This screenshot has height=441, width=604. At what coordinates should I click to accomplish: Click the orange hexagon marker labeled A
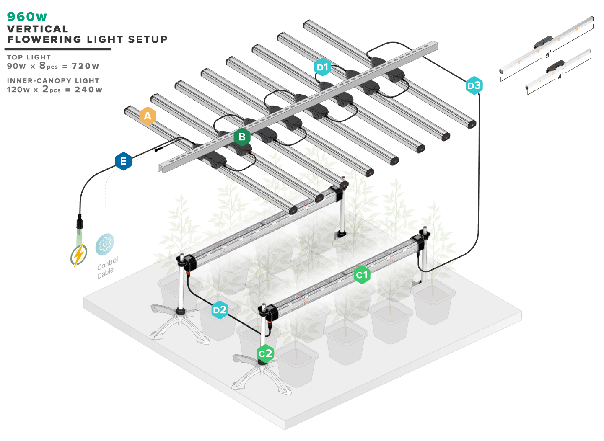148,116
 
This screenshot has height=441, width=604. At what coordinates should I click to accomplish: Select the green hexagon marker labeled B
242,137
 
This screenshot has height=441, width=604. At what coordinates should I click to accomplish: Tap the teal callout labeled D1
322,67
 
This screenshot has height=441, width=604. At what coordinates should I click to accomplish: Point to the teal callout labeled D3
474,86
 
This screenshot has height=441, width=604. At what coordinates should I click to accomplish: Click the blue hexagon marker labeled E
123,161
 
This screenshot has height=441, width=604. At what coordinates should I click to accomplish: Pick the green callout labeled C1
361,275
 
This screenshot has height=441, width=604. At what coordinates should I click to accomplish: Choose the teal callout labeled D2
220,310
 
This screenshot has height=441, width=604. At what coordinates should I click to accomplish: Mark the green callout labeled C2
265,354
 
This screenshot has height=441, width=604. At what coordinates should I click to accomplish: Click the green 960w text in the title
27,17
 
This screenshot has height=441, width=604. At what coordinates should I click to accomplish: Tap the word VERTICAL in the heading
38,29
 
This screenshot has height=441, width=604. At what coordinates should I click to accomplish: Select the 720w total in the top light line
85,66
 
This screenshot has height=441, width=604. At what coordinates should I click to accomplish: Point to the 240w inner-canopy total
88,90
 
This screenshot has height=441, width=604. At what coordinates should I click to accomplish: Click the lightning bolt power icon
78,254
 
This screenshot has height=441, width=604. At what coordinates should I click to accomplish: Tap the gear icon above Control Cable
104,243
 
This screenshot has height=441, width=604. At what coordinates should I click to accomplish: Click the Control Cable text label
107,268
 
